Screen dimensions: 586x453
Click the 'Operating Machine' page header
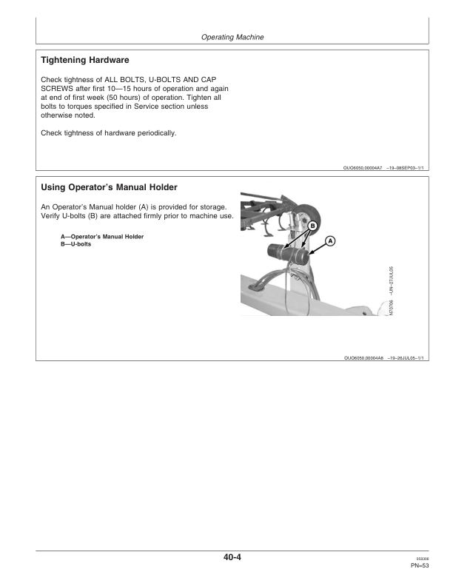pos(232,36)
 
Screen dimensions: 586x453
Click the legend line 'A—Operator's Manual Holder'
pos(102,237)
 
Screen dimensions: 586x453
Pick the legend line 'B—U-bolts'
pos(76,244)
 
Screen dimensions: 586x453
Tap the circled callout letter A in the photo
pos(330,240)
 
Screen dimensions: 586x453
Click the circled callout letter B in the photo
pos(312,225)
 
